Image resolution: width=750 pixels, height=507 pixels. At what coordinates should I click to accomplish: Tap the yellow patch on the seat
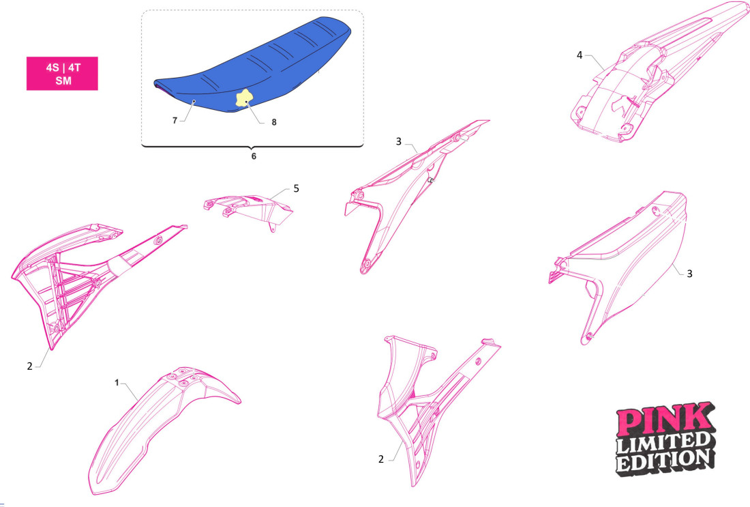243,100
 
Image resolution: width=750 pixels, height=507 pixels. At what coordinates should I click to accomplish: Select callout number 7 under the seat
175,120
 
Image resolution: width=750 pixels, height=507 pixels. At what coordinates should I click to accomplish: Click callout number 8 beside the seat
255,123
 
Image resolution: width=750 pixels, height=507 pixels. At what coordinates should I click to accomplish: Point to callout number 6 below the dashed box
254,156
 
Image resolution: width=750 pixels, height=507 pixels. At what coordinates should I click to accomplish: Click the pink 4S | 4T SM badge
62,74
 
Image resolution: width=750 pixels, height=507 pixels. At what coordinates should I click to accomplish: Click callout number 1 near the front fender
117,383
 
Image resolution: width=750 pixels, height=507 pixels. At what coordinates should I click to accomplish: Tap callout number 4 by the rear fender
580,55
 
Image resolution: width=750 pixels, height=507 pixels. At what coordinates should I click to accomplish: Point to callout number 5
296,188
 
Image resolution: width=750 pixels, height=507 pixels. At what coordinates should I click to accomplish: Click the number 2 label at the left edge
30,366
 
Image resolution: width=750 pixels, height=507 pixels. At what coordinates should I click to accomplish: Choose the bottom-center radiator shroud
430,403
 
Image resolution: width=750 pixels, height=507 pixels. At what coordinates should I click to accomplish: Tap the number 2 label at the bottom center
380,459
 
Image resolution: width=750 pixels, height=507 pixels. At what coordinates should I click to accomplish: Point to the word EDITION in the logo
664,461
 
